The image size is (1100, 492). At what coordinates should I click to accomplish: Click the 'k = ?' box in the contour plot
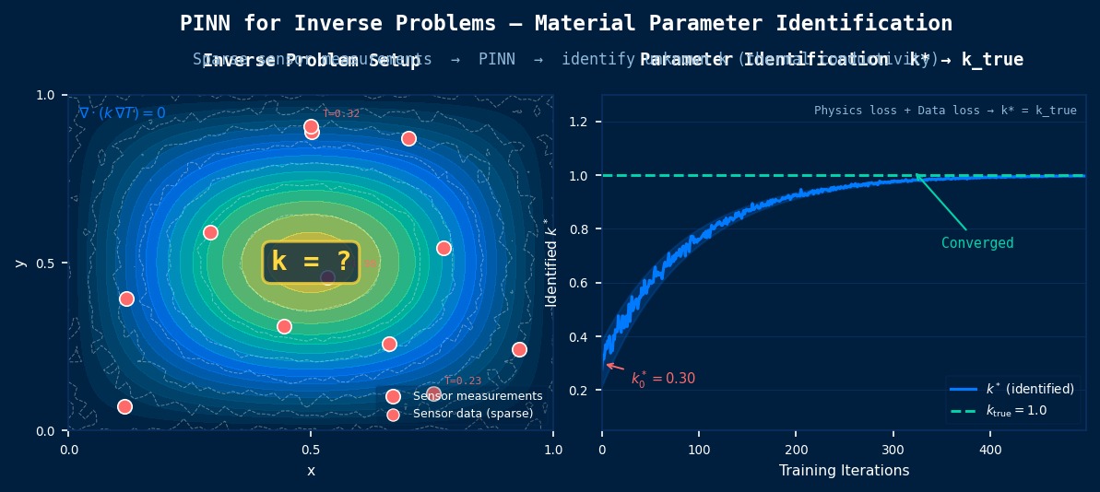(311, 263)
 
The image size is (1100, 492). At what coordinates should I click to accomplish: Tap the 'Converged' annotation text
(976, 243)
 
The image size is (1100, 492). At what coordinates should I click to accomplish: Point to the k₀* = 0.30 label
(663, 379)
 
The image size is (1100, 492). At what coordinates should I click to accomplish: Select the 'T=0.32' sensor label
(341, 113)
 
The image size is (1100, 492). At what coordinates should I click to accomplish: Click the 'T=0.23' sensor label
(463, 381)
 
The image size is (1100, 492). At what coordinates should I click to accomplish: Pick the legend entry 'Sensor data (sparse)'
(472, 414)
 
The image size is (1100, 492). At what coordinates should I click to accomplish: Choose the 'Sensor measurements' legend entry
(477, 396)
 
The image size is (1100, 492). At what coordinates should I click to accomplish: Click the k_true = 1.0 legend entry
(1016, 410)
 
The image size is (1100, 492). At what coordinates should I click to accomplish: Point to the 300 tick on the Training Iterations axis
(893, 450)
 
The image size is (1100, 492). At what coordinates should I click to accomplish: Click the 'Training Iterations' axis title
(844, 471)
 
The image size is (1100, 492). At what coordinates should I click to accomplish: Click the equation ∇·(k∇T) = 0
(122, 113)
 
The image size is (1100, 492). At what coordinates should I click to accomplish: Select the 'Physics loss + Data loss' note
(944, 111)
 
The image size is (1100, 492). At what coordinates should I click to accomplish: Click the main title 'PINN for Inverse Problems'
(565, 23)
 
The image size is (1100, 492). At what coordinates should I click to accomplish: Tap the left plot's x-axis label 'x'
(311, 471)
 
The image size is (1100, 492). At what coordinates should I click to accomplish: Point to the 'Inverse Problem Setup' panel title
(311, 61)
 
